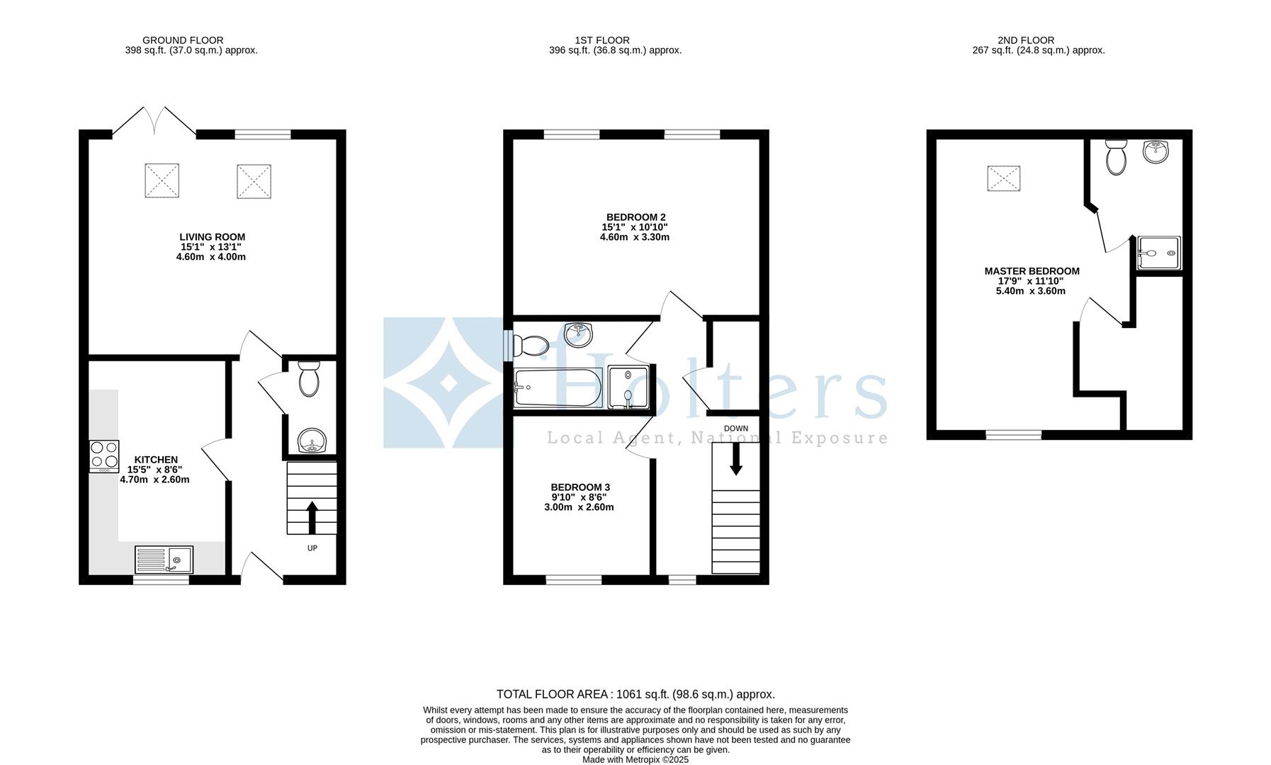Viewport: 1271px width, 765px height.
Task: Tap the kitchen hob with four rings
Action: coord(104,457)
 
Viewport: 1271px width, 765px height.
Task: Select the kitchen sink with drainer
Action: coord(164,560)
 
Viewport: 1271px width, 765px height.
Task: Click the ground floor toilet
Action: coord(310,378)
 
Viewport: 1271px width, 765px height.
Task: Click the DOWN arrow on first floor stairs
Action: coord(736,459)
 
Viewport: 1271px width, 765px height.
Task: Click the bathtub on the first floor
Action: coord(558,387)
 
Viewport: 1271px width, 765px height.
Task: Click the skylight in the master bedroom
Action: coord(1004,178)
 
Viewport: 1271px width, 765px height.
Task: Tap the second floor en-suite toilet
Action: coord(1116,157)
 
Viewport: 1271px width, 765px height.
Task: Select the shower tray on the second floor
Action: coord(1159,253)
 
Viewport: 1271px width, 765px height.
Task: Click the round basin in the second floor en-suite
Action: coord(1157,150)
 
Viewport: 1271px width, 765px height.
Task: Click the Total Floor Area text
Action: coord(635,694)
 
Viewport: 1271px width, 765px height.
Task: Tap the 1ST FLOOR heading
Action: coord(602,40)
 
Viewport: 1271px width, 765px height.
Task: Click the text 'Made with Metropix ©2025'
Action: coord(635,759)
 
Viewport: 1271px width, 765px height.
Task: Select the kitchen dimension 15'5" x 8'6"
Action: coord(154,470)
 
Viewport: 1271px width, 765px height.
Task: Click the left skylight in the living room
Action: coord(162,181)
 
